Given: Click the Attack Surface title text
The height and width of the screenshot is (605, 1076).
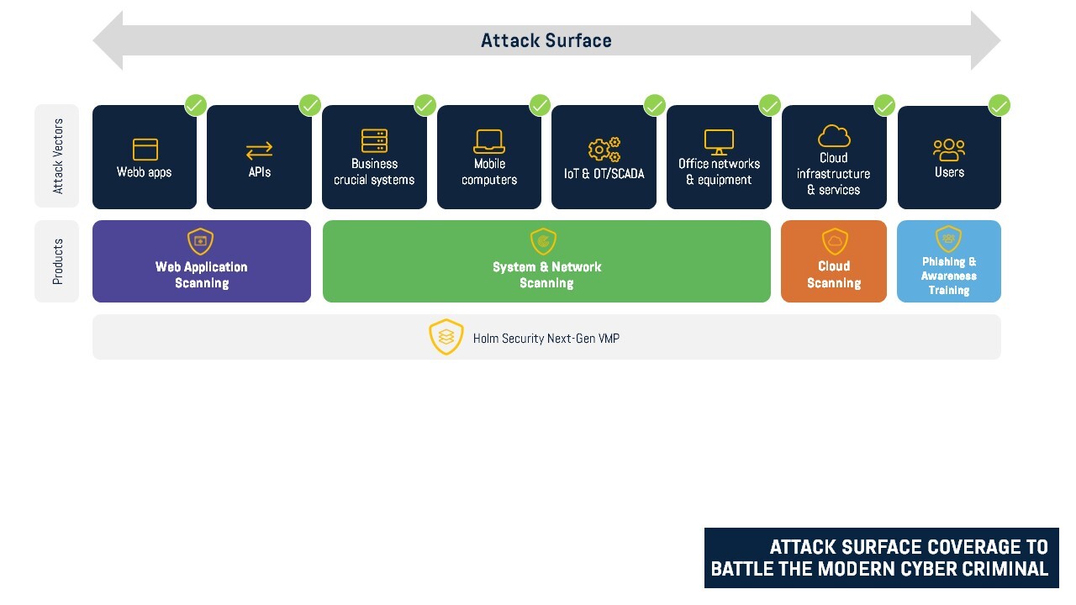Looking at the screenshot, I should point(546,40).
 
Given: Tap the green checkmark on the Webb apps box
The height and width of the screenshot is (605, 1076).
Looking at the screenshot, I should point(195,105).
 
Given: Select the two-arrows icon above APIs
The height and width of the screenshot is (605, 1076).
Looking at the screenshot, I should point(259,150).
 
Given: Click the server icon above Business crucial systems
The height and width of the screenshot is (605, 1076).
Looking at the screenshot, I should point(374,140).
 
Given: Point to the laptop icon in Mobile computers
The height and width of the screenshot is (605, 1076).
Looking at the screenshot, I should point(489,140).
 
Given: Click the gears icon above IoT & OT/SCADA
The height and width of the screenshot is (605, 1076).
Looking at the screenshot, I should point(604,150).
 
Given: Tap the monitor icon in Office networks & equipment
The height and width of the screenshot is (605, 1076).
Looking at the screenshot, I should point(719,141).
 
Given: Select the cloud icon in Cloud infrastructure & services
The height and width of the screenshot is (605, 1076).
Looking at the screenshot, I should point(834,135).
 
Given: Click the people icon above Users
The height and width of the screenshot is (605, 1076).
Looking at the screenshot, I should point(949,150).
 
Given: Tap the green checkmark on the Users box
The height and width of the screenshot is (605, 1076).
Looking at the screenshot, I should point(999,105).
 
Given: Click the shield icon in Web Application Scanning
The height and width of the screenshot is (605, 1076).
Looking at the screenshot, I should point(200,241).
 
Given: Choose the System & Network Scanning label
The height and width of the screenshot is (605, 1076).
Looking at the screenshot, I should point(546,275).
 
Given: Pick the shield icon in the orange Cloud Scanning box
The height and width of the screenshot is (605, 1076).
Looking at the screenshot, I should point(834,241).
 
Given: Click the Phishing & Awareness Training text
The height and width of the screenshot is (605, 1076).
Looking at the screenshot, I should point(948,276).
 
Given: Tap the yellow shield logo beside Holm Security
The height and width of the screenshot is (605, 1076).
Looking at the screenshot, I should point(446,337).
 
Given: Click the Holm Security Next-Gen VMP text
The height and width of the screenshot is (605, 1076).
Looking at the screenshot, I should point(546,339).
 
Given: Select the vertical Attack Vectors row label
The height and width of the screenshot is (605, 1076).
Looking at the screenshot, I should point(58,156).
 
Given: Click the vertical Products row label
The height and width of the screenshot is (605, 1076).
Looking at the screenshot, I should point(58,261).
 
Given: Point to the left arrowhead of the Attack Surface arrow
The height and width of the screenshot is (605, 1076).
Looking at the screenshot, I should point(108,40).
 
